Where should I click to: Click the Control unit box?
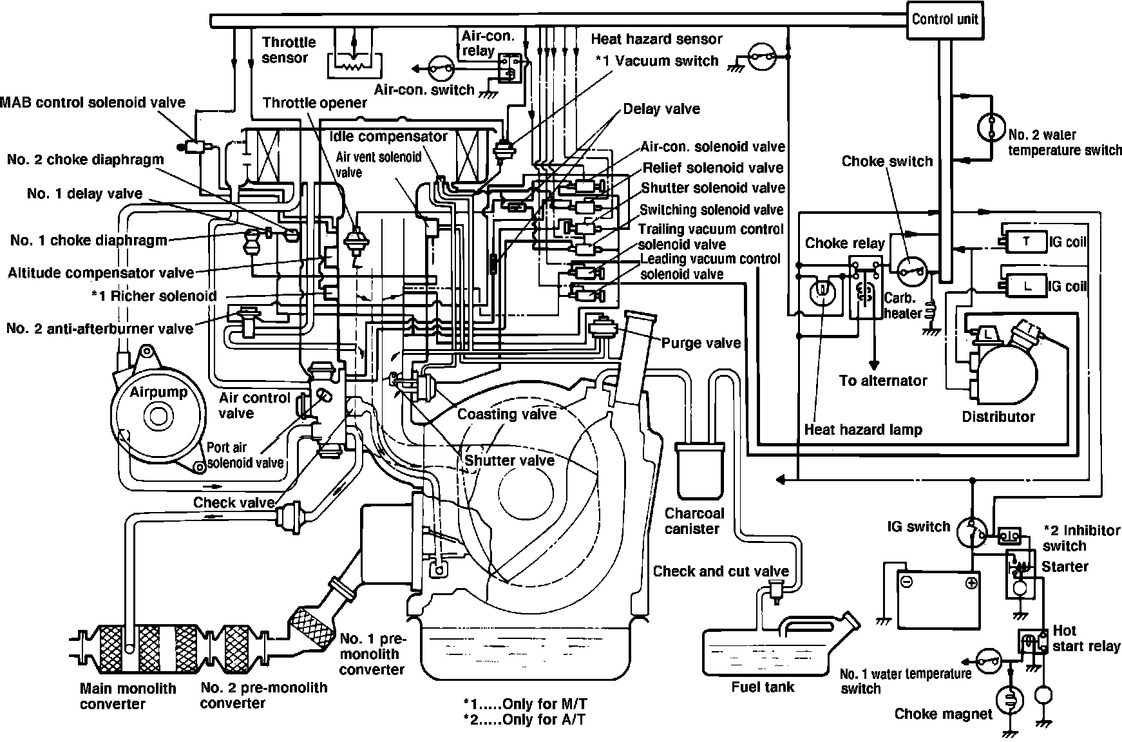944,19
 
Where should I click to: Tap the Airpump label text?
158,392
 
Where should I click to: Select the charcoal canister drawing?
699,471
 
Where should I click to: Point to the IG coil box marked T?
1027,242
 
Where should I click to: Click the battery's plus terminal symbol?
971,583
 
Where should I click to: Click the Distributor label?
998,417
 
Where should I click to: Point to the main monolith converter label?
128,696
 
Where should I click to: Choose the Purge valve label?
701,343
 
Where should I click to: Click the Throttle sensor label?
289,50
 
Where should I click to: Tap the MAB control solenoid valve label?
93,102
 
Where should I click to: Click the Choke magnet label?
943,714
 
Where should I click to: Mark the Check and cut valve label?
720,571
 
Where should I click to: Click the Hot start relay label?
1086,638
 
